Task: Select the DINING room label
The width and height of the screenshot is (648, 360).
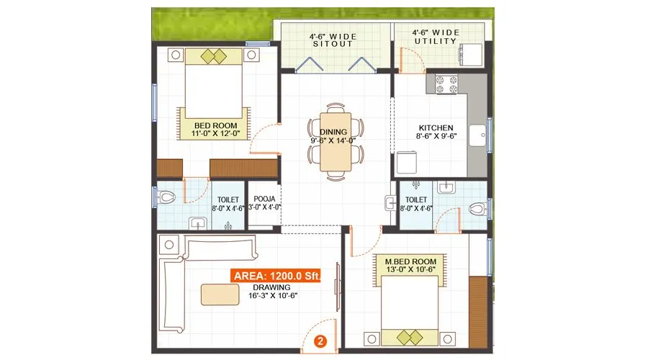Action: (334, 132)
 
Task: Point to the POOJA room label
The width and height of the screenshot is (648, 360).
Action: (264, 198)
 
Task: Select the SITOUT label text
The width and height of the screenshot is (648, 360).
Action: (332, 43)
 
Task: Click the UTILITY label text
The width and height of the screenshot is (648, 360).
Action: (435, 42)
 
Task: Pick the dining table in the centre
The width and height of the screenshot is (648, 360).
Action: (336, 144)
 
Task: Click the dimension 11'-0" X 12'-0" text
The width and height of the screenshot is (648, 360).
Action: (216, 134)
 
